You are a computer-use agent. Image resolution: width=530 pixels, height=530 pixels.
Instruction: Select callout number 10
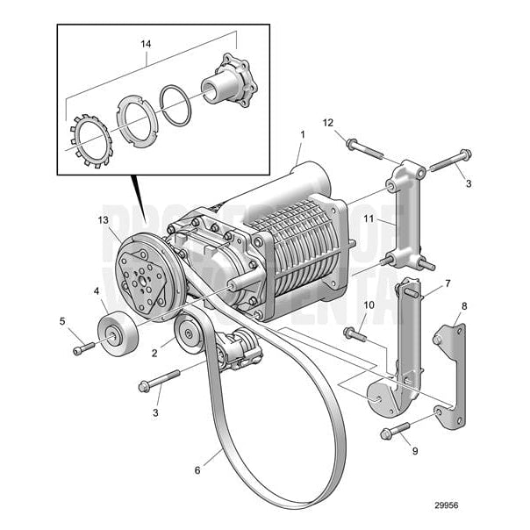tap(369, 304)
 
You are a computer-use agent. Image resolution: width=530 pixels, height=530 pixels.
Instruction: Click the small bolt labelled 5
tap(82, 348)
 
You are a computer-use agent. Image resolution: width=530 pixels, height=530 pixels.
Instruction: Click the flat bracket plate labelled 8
tap(453, 373)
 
